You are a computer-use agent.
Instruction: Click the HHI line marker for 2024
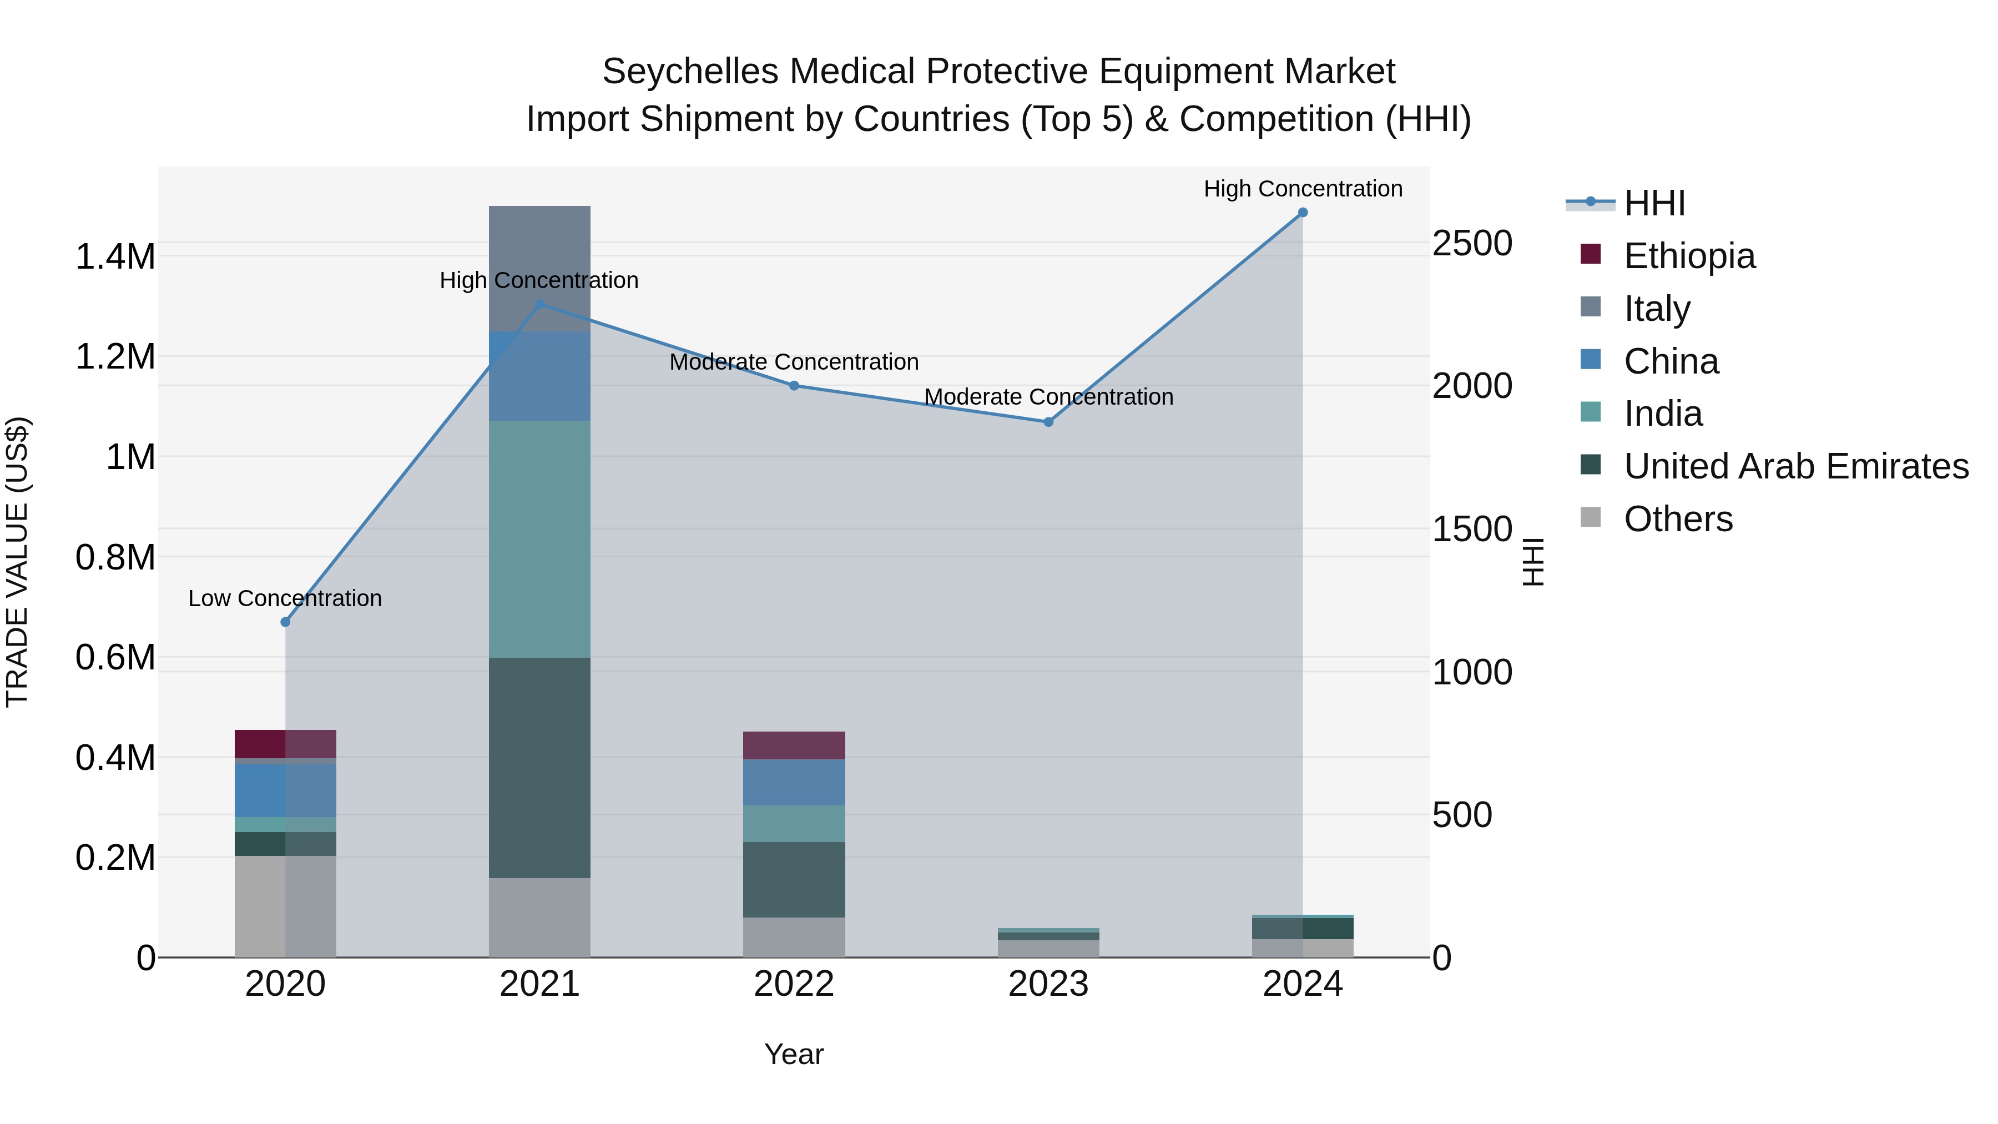(x=1302, y=213)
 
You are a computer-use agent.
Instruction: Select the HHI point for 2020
(x=285, y=622)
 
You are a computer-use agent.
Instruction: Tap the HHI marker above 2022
(x=794, y=386)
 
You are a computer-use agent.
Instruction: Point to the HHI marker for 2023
(x=1048, y=422)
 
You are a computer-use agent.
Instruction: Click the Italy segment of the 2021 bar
(x=540, y=256)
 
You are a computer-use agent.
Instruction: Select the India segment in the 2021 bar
(x=540, y=539)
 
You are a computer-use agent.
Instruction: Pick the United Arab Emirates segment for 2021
(x=540, y=768)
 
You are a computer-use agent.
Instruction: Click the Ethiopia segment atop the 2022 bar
(x=794, y=745)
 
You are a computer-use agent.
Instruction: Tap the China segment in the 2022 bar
(x=794, y=783)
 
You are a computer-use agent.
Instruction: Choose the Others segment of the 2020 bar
(x=285, y=906)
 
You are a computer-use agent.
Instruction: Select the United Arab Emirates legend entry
(x=1795, y=466)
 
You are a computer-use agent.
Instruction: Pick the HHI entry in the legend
(x=1654, y=203)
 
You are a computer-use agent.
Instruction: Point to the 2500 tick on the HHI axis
(x=1471, y=244)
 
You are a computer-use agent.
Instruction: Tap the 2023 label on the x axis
(x=1048, y=984)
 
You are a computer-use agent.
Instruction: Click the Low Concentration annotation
(x=285, y=598)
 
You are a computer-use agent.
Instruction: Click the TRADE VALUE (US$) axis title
(x=17, y=562)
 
